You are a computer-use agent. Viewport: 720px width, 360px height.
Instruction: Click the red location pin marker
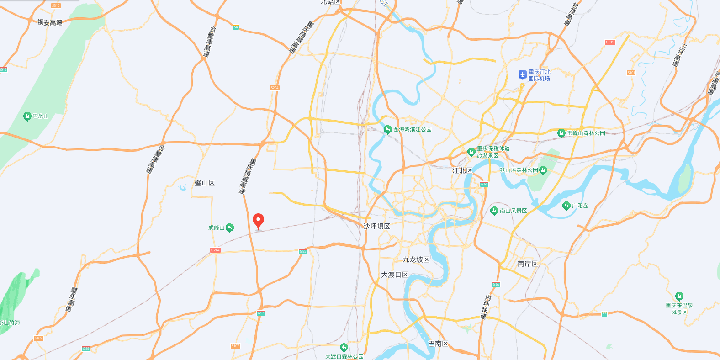(258, 221)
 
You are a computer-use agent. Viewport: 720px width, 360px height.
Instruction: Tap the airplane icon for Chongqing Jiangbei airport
(523, 74)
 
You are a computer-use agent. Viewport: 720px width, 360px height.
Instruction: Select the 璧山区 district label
(205, 183)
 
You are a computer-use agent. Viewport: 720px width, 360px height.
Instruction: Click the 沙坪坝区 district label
(377, 226)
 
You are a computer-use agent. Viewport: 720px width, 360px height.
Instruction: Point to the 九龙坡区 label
(416, 259)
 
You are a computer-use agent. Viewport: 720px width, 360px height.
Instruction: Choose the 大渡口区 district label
(395, 275)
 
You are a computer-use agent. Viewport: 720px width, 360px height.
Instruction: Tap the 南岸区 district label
(528, 264)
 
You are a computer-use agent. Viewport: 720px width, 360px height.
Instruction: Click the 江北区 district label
(462, 170)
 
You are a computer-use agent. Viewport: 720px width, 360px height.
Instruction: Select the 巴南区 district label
(439, 344)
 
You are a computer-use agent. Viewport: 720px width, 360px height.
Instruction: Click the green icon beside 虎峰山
(230, 228)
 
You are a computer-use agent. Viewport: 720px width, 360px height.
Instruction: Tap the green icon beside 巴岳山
(27, 116)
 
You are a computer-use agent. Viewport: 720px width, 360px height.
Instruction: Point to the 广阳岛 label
(580, 206)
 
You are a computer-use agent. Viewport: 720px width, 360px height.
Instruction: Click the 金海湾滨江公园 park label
(413, 130)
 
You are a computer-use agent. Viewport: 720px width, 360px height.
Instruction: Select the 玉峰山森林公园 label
(586, 133)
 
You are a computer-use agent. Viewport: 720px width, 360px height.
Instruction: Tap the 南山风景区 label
(514, 211)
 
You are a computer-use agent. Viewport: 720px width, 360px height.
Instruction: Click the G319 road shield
(610, 42)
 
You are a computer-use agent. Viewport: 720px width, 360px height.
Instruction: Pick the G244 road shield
(215, 250)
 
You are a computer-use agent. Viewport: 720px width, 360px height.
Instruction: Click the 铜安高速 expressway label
(50, 22)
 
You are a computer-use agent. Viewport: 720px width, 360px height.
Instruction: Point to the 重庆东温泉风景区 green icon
(679, 296)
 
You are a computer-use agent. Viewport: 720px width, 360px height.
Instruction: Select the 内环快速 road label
(486, 307)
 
